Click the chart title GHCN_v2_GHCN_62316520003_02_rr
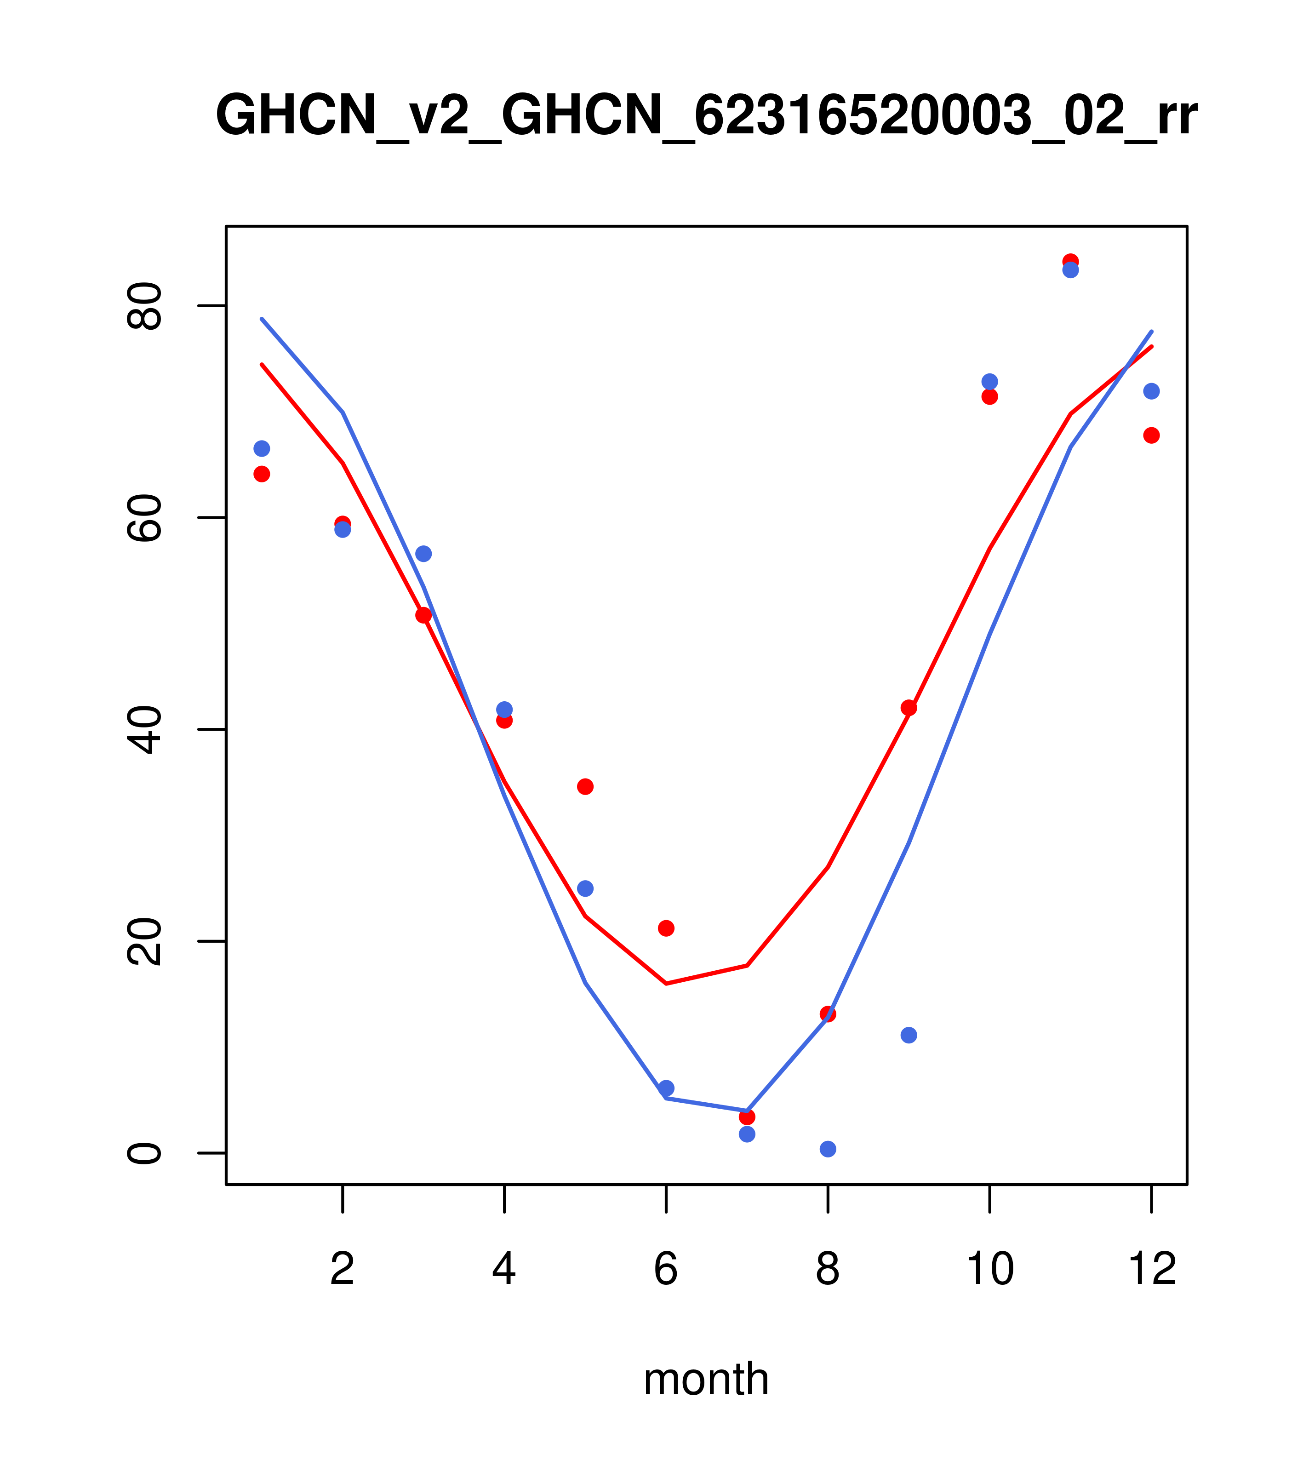click(706, 116)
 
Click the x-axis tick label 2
click(343, 1270)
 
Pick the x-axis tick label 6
click(666, 1270)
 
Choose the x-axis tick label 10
click(989, 1270)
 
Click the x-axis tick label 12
click(1152, 1270)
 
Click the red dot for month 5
click(585, 787)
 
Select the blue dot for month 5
click(585, 888)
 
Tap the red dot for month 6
click(666, 928)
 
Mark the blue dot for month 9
click(909, 1035)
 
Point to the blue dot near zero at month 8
click(828, 1149)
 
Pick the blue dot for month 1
click(262, 448)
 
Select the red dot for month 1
click(262, 474)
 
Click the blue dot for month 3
click(424, 554)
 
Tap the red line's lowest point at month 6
click(666, 983)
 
